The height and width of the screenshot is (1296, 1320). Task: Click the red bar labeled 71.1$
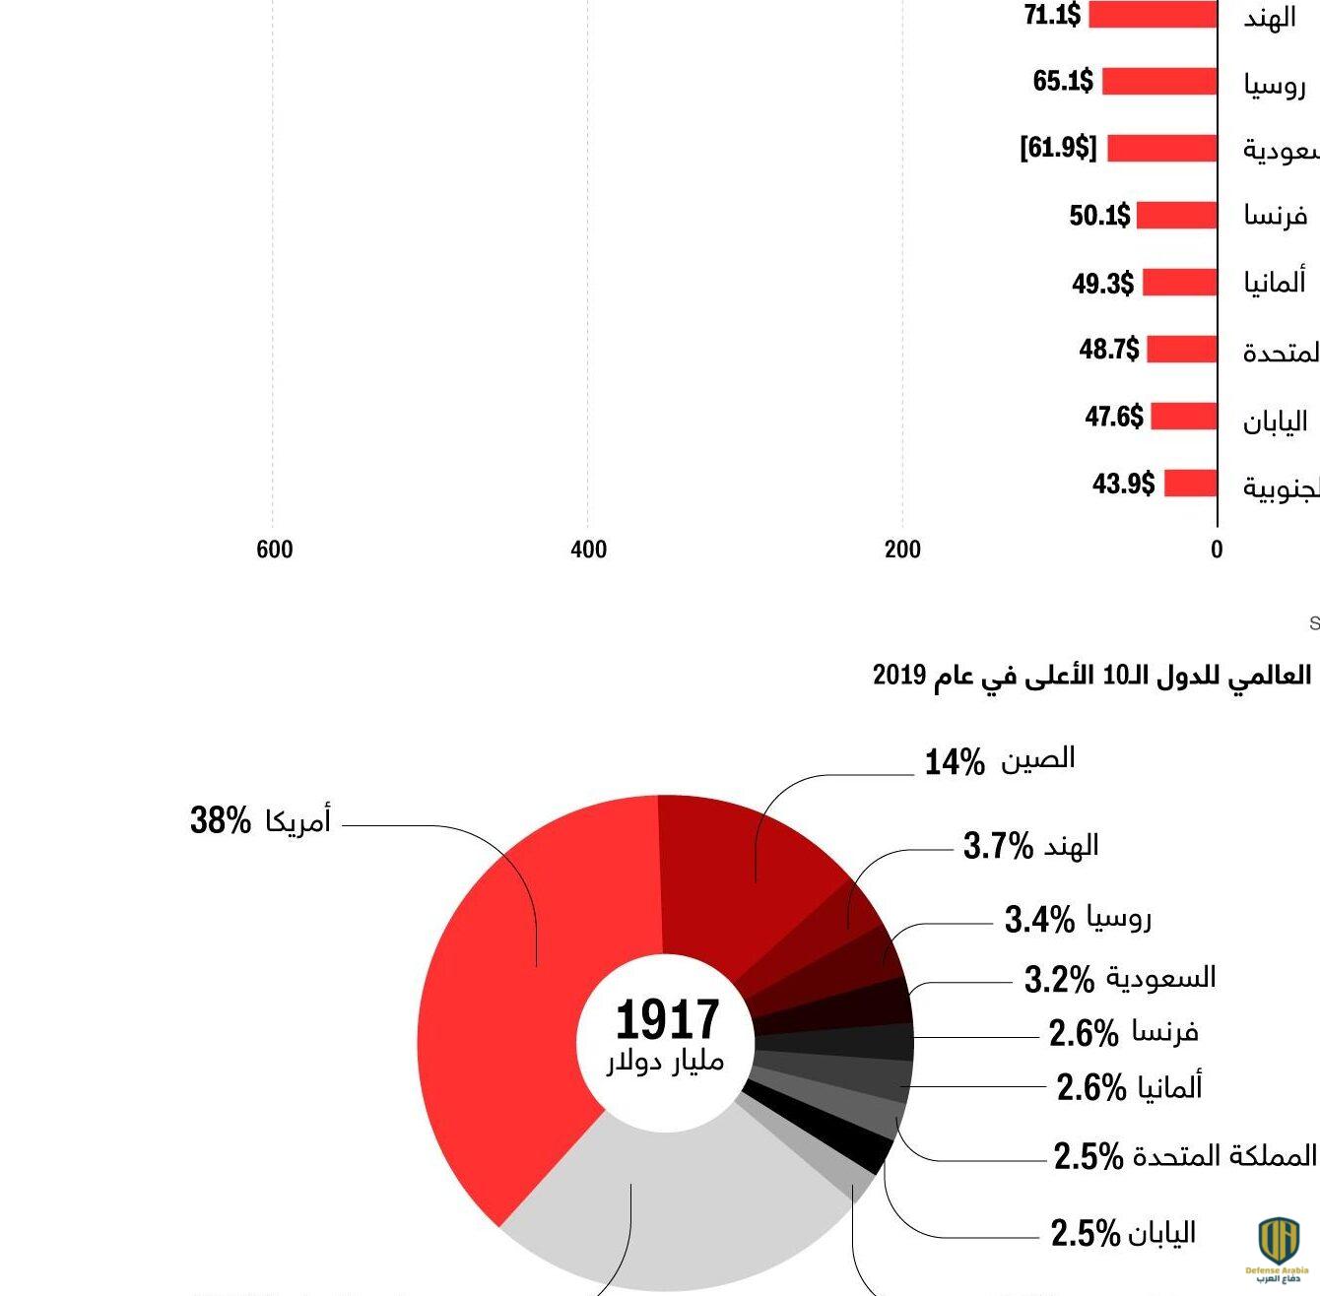[x=1153, y=15]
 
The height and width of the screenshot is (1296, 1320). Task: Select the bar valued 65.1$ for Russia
[x=1159, y=81]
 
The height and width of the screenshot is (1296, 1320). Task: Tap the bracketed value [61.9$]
[x=1058, y=148]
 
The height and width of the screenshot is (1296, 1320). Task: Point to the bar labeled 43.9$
[x=1191, y=484]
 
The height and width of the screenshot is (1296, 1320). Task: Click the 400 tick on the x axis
[x=588, y=550]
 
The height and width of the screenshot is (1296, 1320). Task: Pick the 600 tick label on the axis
[x=274, y=550]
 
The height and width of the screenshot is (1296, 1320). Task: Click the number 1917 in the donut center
[x=667, y=1019]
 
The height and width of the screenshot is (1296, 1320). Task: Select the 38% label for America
[x=220, y=819]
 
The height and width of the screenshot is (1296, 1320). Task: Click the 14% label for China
[x=954, y=761]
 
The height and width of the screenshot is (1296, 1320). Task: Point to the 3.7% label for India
[x=997, y=846]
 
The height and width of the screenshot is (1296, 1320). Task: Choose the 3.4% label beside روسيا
[x=1038, y=920]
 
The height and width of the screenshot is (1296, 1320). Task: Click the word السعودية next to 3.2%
[x=1160, y=978]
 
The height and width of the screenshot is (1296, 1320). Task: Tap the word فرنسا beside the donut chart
[x=1164, y=1032]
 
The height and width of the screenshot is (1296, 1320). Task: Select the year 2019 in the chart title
[x=899, y=676]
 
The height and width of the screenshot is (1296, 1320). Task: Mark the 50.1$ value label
[x=1099, y=215]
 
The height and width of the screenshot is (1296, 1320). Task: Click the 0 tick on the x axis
[x=1217, y=550]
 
